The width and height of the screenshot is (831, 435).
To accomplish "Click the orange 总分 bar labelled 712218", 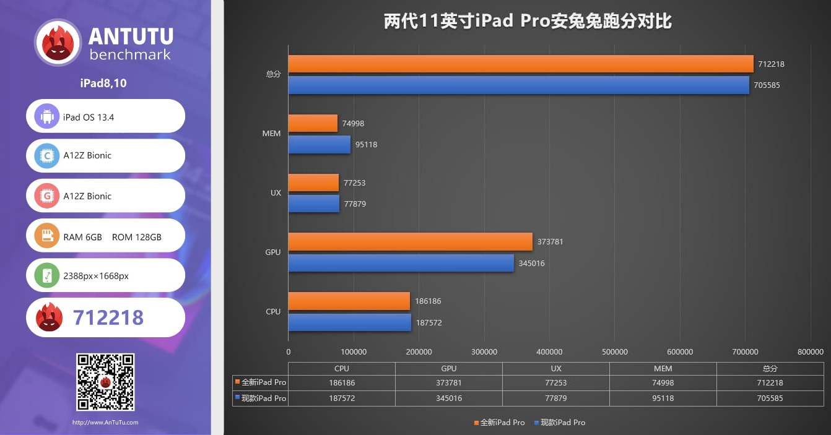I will (x=520, y=64).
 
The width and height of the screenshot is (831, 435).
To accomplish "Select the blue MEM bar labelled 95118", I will (x=319, y=145).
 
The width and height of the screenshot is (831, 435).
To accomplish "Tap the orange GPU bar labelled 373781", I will (x=410, y=242).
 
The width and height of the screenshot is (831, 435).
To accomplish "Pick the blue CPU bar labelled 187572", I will (x=349, y=322).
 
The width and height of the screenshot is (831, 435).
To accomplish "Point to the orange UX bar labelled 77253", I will (x=313, y=183).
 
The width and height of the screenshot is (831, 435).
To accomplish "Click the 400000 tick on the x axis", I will (x=549, y=352).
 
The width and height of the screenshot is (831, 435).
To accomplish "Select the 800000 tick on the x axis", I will (x=811, y=352).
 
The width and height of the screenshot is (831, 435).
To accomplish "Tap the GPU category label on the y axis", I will (x=273, y=252).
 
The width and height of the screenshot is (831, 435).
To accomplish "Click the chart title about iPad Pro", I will (x=528, y=22).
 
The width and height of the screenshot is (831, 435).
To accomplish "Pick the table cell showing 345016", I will (x=449, y=398).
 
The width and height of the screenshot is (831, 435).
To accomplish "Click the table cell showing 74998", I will (x=663, y=383).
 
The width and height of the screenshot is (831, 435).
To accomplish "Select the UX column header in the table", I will (x=555, y=369).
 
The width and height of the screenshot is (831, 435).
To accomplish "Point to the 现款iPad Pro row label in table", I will (x=260, y=398).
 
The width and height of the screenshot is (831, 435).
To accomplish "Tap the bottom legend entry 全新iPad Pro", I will (x=499, y=423).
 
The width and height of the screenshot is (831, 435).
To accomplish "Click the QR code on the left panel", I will (x=105, y=382).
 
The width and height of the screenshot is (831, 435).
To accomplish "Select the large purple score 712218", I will (x=108, y=317).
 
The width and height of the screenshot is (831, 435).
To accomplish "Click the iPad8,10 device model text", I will (x=103, y=84).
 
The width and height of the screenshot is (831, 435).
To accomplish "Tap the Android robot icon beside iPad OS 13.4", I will (x=47, y=116).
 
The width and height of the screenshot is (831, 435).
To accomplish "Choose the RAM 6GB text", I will (x=82, y=237).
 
